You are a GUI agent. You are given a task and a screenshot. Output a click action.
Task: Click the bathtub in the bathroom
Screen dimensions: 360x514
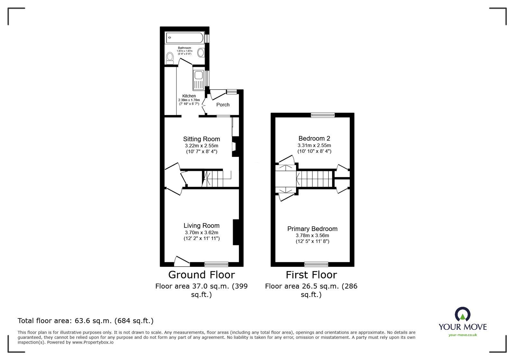pyautogui.click(x=185, y=38)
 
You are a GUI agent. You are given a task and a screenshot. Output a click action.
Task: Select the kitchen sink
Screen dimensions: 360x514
pyautogui.click(x=198, y=76)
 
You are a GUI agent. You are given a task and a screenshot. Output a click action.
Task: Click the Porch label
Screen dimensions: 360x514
pyautogui.click(x=223, y=105)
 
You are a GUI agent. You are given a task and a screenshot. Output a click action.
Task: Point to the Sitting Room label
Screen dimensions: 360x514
pyautogui.click(x=202, y=139)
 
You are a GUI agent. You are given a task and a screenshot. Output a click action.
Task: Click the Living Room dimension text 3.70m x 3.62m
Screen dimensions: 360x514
pyautogui.click(x=202, y=233)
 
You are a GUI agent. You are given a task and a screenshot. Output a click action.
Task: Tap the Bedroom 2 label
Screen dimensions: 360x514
pyautogui.click(x=314, y=138)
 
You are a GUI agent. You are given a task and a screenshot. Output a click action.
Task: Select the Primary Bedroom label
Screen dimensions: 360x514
pyautogui.click(x=312, y=229)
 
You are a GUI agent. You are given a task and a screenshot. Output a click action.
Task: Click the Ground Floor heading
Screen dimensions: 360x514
pyautogui.click(x=202, y=275)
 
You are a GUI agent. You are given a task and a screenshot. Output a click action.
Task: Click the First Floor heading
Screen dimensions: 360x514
pyautogui.click(x=311, y=275)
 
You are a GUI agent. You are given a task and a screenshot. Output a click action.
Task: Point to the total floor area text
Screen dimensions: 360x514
pyautogui.click(x=86, y=321)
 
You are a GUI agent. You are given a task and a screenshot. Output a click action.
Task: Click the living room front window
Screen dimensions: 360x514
pyautogui.click(x=216, y=264)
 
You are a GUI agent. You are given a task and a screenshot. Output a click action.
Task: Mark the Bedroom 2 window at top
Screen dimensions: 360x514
pyautogui.click(x=323, y=115)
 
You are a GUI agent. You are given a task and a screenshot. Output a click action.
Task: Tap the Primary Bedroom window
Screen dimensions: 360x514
pyautogui.click(x=316, y=264)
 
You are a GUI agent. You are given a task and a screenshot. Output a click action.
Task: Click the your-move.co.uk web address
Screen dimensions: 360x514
pyautogui.click(x=463, y=335)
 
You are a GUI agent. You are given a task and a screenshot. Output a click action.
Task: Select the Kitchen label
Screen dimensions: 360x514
pyautogui.click(x=189, y=96)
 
